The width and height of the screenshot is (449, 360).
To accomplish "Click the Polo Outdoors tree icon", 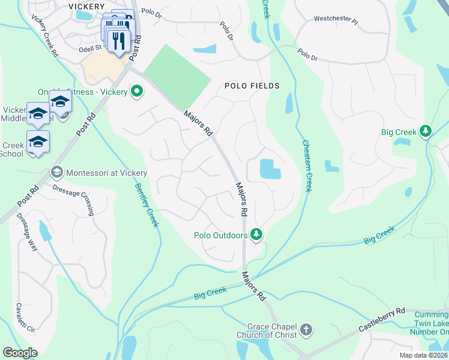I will click(x=257, y=233).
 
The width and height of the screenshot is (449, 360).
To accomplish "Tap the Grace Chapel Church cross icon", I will click(x=306, y=329).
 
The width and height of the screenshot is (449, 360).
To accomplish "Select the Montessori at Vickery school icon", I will click(x=57, y=172).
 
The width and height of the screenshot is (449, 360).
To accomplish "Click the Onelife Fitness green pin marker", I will click(x=137, y=92).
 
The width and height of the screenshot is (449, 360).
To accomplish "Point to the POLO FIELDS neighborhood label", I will click(x=252, y=86).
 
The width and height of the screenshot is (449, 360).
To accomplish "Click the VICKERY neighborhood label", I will click(x=87, y=6).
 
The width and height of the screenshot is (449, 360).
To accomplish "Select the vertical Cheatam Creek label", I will click(x=306, y=165).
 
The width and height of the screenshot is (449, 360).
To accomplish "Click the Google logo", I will click(x=20, y=353).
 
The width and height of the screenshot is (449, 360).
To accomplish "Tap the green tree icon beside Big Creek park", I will click(x=426, y=131).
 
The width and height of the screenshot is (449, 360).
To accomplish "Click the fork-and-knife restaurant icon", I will click(x=118, y=41).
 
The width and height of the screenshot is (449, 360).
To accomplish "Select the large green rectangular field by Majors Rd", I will click(x=178, y=78).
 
